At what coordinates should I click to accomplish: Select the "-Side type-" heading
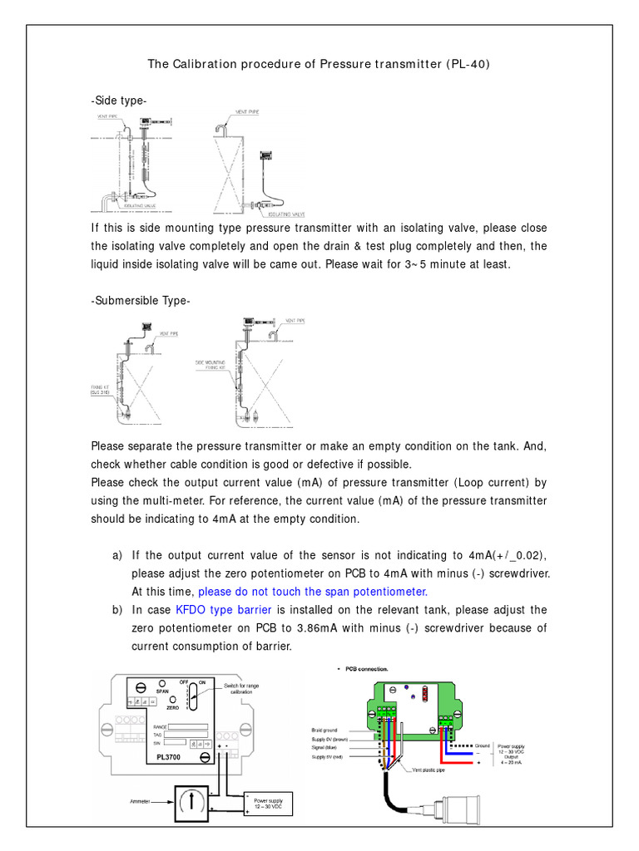[119, 101]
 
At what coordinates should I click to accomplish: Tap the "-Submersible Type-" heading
[141, 300]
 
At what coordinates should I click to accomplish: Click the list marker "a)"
[117, 554]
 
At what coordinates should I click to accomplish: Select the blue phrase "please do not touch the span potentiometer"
[312, 591]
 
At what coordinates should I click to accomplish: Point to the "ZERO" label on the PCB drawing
[173, 708]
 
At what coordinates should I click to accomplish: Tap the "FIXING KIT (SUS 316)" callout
[103, 390]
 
